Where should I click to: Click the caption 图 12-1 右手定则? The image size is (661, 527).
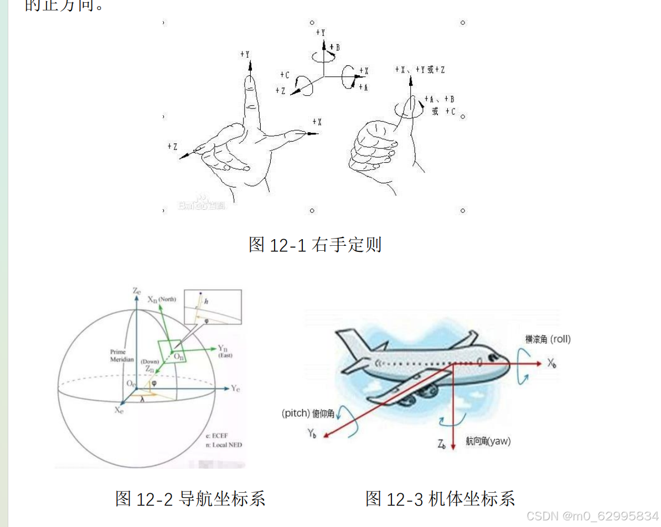pos(315,244)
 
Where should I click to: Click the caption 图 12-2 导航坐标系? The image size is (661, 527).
pos(190,498)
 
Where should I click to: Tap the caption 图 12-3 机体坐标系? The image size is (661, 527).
pos(440,498)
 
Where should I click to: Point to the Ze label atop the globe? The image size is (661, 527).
pos(136,291)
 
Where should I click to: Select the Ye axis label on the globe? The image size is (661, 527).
pos(236,388)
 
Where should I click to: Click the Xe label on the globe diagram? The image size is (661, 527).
pos(118,410)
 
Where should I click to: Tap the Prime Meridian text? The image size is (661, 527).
pos(121,355)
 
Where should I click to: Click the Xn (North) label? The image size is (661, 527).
pos(161,299)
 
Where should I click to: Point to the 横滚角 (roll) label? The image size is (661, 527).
pos(548,339)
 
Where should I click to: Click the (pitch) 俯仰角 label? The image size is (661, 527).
pos(307,414)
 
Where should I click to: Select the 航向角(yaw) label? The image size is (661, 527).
pos(488,441)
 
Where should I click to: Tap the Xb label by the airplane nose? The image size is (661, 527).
pos(552,363)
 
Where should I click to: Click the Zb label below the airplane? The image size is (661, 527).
pos(441,443)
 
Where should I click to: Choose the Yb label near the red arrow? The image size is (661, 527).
pos(312,433)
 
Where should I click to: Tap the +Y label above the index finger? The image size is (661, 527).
pos(245,54)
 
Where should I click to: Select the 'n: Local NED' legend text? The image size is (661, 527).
pos(223,445)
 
